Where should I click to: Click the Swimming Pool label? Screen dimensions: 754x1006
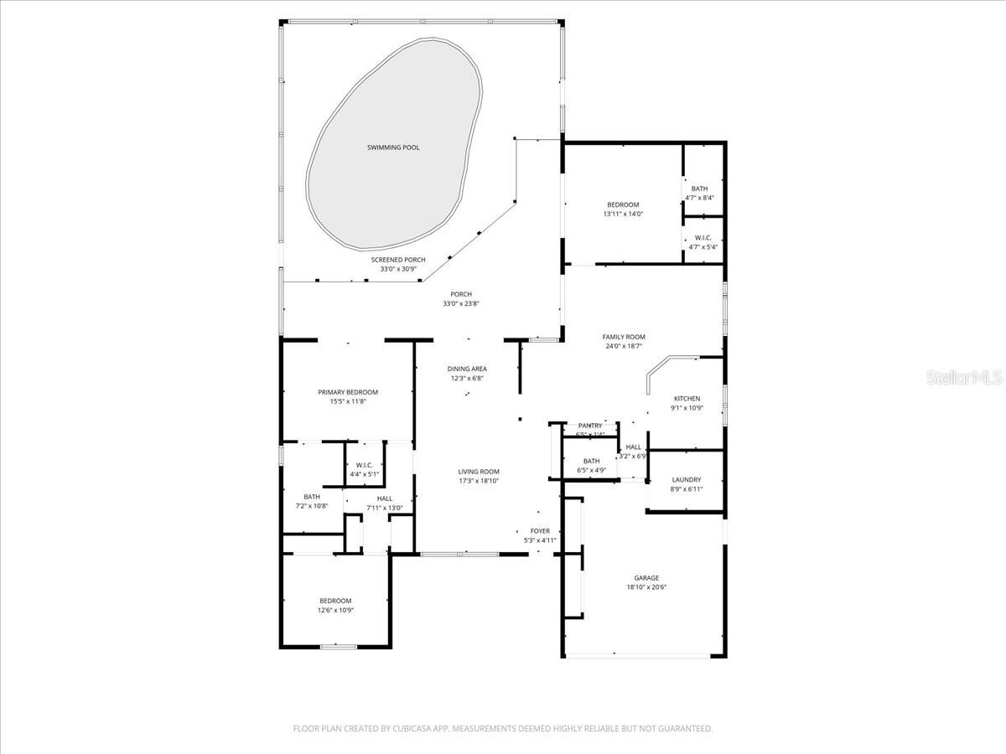pyautogui.click(x=393, y=147)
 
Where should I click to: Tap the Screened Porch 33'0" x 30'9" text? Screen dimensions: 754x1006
pyautogui.click(x=398, y=265)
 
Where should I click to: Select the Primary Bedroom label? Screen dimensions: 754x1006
pyautogui.click(x=348, y=396)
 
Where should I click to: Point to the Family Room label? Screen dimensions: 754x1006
pyautogui.click(x=624, y=341)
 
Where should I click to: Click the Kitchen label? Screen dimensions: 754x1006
pyautogui.click(x=687, y=403)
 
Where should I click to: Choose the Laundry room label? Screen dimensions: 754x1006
pyautogui.click(x=687, y=484)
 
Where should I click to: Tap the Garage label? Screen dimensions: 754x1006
pyautogui.click(x=646, y=582)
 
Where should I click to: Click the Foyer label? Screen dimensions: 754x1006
pyautogui.click(x=540, y=535)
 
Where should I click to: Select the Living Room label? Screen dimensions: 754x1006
pyautogui.click(x=479, y=476)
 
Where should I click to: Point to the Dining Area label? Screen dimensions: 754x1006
pyautogui.click(x=467, y=373)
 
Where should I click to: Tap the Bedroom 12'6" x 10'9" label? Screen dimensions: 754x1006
pyautogui.click(x=335, y=605)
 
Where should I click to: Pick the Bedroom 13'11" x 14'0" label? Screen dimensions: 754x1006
pyautogui.click(x=623, y=209)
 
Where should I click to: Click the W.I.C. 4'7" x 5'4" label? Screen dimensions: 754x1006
pyautogui.click(x=703, y=242)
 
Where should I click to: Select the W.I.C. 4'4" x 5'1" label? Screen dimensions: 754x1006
pyautogui.click(x=364, y=469)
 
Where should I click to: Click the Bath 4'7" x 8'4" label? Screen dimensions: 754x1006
pyautogui.click(x=699, y=193)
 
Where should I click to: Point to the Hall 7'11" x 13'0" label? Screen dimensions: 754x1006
pyautogui.click(x=385, y=503)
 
